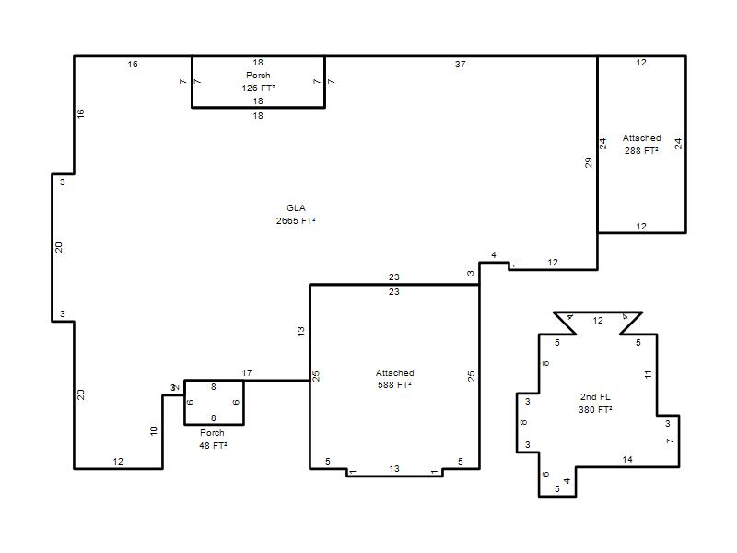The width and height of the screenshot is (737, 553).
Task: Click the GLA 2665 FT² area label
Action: pyautogui.click(x=296, y=215)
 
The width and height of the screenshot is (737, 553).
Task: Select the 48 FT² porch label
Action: pyautogui.click(x=213, y=440)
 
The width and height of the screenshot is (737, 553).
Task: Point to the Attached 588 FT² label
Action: pyautogui.click(x=395, y=379)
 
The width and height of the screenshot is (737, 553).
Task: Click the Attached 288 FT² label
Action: pyautogui.click(x=641, y=145)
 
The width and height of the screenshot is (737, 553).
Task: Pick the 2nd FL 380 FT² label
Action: pyautogui.click(x=595, y=404)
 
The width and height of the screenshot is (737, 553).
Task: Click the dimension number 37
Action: pyautogui.click(x=460, y=64)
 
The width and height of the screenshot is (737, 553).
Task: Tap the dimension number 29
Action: pyautogui.click(x=589, y=163)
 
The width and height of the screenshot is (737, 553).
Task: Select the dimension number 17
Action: pyautogui.click(x=247, y=373)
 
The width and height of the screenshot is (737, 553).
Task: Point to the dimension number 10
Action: pyautogui.click(x=154, y=430)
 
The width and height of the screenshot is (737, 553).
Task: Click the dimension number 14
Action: pyautogui.click(x=627, y=459)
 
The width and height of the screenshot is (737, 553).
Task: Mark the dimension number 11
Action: pyautogui.click(x=649, y=374)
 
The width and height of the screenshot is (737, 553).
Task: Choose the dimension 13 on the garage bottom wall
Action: pyautogui.click(x=394, y=469)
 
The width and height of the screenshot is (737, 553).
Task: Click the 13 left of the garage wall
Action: pyautogui.click(x=301, y=331)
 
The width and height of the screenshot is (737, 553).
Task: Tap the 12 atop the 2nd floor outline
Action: pyautogui.click(x=598, y=320)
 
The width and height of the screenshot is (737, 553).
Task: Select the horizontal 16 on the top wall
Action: pyautogui.click(x=133, y=64)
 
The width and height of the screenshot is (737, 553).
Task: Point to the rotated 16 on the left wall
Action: pyautogui.click(x=80, y=113)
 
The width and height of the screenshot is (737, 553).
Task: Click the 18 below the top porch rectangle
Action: pyautogui.click(x=258, y=116)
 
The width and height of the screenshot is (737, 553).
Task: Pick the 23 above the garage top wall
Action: pyautogui.click(x=394, y=277)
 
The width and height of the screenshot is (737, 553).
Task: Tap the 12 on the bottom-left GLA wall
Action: pyautogui.click(x=118, y=462)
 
